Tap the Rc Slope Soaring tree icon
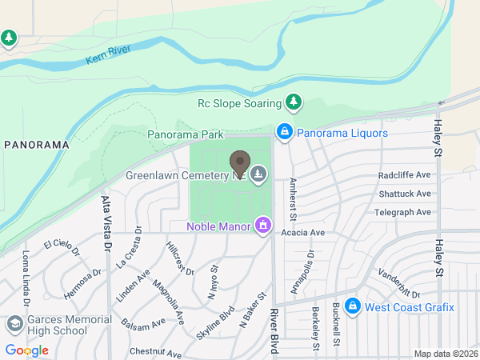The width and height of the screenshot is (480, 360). coord(294,102)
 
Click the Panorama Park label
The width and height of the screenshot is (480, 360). coord(185,135)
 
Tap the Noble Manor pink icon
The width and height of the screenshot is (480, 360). coord(262,226)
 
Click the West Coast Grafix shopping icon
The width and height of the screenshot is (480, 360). coord(350,307)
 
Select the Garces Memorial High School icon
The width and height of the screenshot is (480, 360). coord(14,324)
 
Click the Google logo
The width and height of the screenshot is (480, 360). coord(27,350)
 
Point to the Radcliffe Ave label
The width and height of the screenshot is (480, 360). coord(404,175)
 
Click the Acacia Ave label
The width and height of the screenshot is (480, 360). coord(303,233)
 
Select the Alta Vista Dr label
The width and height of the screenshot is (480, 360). coord(106,221)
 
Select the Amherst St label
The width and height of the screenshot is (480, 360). coord(293,199)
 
